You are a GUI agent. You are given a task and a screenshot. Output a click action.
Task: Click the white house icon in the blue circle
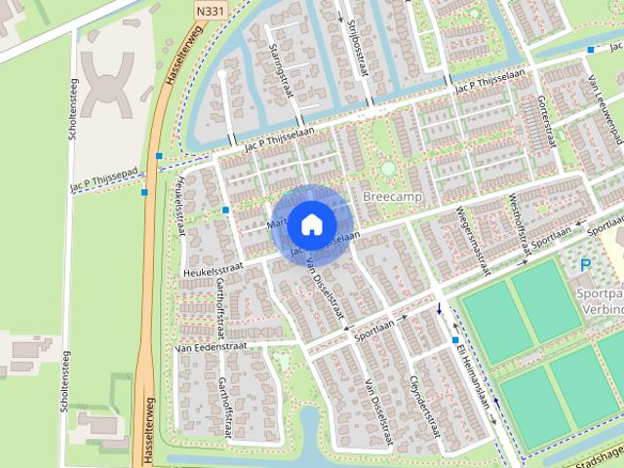pyautogui.click(x=311, y=224)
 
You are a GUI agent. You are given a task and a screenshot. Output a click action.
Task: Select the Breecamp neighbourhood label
pyautogui.click(x=389, y=196)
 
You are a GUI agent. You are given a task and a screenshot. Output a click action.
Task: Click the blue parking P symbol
pyautogui.click(x=586, y=264)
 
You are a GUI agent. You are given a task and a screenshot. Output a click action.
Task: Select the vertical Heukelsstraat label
pyautogui.click(x=179, y=209)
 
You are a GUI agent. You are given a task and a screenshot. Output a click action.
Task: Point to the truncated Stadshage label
pyautogui.click(x=596, y=452)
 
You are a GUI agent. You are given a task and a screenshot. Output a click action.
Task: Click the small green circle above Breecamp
pyautogui.click(x=388, y=169)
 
